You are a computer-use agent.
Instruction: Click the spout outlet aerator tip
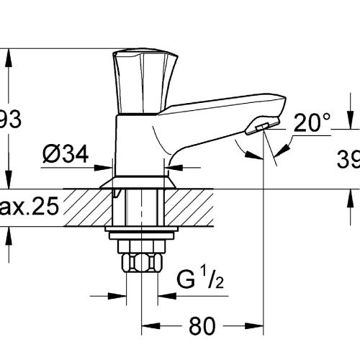coord(258,127)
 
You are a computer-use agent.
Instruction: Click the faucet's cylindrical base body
coord(137,144)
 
